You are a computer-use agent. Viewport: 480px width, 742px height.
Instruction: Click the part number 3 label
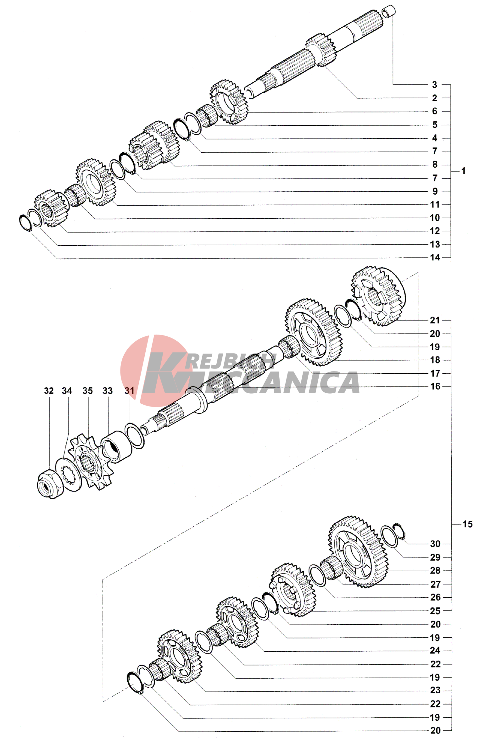(434, 85)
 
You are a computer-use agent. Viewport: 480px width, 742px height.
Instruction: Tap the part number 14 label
(435, 257)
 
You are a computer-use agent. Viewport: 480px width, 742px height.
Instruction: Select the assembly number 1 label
(463, 171)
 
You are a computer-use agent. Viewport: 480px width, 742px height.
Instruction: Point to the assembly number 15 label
(467, 524)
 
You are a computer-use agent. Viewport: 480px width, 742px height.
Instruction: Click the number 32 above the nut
(49, 390)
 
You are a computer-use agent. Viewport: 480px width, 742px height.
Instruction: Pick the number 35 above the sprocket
(87, 390)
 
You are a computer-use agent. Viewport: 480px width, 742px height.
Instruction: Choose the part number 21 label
(435, 320)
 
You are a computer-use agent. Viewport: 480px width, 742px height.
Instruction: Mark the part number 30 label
(435, 544)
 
